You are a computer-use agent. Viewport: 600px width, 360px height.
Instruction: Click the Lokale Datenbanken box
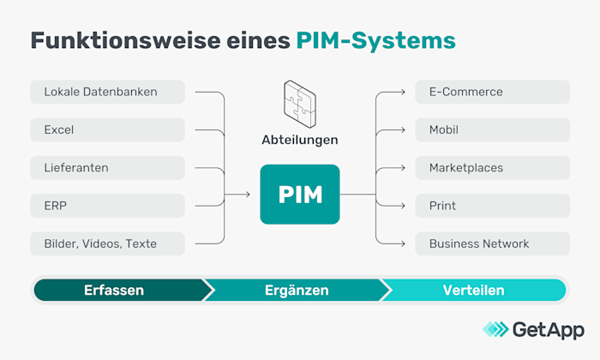pyautogui.click(x=108, y=92)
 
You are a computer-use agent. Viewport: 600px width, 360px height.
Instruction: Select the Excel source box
pyautogui.click(x=108, y=130)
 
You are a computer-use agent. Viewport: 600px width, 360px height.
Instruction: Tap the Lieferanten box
pyautogui.click(x=108, y=168)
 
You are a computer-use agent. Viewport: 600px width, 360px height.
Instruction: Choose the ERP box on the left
pyautogui.click(x=108, y=206)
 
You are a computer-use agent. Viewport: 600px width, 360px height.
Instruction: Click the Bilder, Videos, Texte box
pyautogui.click(x=108, y=243)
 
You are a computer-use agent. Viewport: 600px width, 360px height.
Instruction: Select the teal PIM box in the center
pyautogui.click(x=300, y=195)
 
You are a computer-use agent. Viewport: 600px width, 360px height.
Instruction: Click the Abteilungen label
pyautogui.click(x=300, y=140)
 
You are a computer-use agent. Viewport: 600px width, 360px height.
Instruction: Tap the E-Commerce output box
pyautogui.click(x=492, y=92)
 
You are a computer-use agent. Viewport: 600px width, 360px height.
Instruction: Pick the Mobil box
pyautogui.click(x=492, y=130)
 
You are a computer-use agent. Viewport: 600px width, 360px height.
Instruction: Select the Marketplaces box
pyautogui.click(x=492, y=168)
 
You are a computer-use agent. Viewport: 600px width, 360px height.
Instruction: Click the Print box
pyautogui.click(x=492, y=206)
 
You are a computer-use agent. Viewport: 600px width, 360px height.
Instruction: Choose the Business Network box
pyautogui.click(x=492, y=243)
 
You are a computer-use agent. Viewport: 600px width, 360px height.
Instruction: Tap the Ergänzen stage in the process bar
pyautogui.click(x=297, y=291)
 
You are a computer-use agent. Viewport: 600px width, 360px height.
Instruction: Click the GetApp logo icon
pyautogui.click(x=495, y=329)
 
